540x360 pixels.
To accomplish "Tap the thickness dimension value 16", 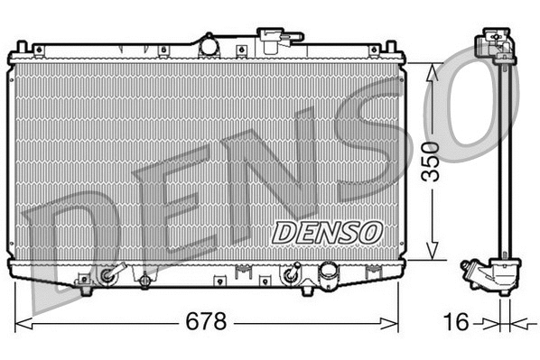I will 460,321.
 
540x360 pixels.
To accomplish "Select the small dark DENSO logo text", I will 328,230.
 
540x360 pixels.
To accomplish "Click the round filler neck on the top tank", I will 209,43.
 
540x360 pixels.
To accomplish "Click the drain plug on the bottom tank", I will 144,282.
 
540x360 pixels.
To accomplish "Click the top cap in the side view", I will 495,42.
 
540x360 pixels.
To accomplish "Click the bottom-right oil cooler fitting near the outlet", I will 293,273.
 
